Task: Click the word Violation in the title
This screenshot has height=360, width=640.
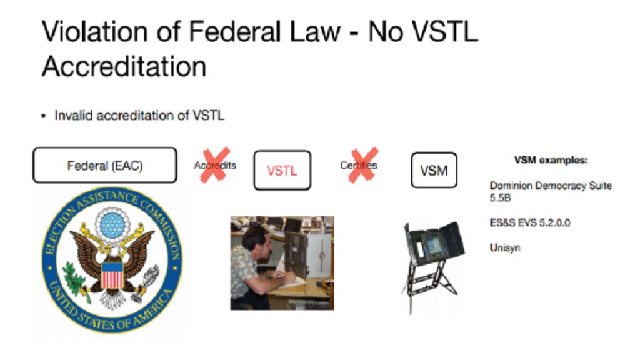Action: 96,32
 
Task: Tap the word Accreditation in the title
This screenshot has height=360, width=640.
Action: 124,66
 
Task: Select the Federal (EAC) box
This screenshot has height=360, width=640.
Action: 105,165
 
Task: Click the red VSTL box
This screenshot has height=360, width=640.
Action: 282,170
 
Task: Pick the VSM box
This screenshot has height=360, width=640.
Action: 434,170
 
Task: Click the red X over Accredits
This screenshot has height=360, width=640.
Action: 215,164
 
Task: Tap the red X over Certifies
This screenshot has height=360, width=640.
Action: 362,164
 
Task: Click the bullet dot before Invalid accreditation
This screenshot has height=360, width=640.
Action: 44,116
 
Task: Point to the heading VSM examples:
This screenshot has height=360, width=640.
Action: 551,160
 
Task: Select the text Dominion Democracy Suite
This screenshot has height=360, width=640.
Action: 551,186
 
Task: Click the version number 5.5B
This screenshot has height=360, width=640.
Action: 500,198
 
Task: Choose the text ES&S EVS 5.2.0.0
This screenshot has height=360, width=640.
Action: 530,223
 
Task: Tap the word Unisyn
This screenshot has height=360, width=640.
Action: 505,247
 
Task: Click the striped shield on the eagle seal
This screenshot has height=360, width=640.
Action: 112,275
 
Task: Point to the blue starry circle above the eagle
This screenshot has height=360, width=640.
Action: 112,225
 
